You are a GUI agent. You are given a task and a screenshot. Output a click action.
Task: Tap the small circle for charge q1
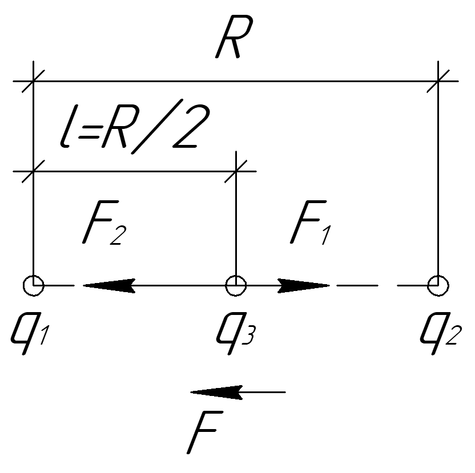click(34, 284)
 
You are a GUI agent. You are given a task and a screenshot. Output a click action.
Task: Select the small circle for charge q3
click(236, 284)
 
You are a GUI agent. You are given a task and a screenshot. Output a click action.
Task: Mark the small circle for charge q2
click(438, 284)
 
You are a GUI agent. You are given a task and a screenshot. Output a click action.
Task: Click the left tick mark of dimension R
click(34, 81)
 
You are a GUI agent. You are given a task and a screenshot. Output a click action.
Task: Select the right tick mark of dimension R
click(438, 81)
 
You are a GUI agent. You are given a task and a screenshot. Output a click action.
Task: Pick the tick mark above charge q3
click(236, 171)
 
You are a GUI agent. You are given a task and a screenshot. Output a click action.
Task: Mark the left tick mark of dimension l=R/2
click(34, 171)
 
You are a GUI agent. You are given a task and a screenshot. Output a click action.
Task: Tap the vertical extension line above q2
click(438, 183)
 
